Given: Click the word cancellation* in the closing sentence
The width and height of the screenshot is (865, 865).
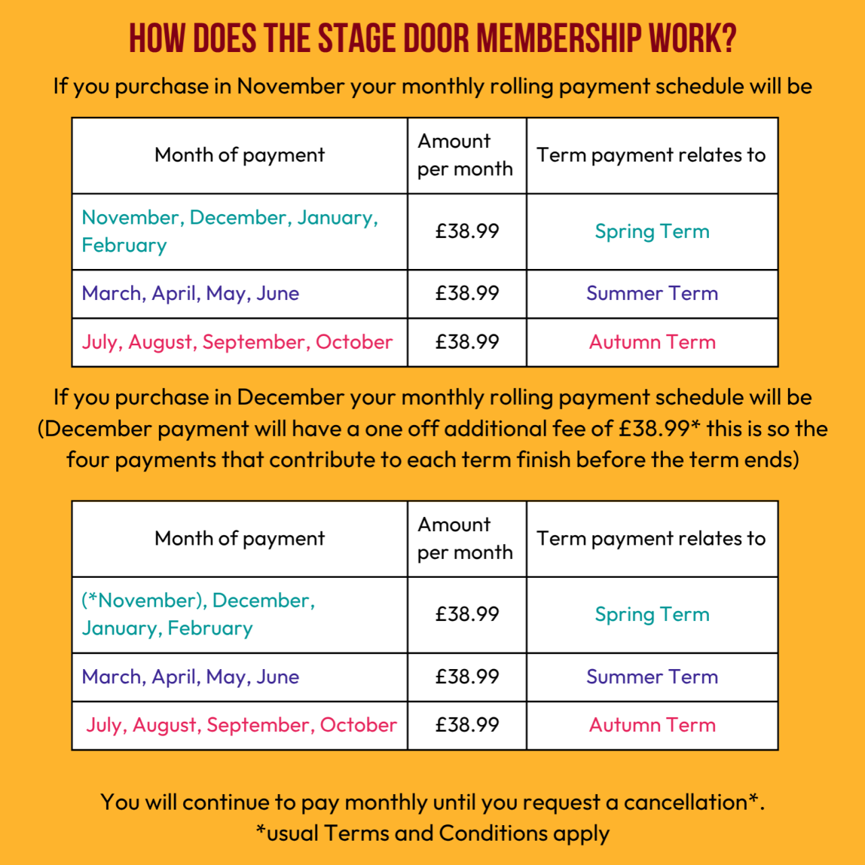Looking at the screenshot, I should [690, 802].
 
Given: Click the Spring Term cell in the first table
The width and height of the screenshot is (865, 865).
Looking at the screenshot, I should [652, 231].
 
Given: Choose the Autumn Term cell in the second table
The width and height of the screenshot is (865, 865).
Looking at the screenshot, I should [652, 725].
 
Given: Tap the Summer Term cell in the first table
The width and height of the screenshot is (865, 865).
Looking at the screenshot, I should [652, 293].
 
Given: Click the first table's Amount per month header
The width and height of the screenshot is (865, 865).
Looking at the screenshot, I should [465, 155].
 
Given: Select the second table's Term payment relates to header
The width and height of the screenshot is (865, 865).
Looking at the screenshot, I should [651, 539].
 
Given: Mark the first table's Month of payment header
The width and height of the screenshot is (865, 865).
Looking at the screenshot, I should [239, 155].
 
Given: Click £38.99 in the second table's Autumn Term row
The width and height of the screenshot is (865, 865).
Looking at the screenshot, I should [467, 725].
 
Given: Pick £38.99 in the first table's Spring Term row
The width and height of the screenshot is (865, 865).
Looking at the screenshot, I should [467, 231].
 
